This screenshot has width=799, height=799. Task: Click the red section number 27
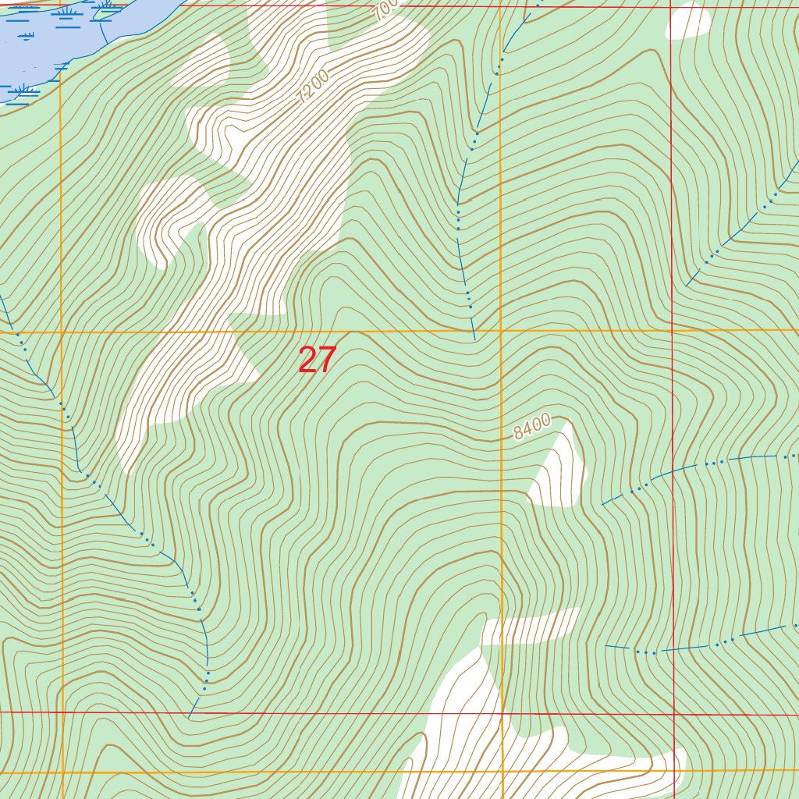click(317, 360)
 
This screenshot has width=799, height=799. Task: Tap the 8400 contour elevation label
click(532, 427)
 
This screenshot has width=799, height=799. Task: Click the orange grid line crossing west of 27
click(62, 332)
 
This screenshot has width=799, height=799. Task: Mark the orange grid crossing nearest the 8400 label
click(501, 332)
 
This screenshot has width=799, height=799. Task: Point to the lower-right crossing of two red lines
click(673, 713)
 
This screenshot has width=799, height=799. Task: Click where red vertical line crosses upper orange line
click(672, 331)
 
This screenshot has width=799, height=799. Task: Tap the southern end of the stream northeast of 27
click(474, 340)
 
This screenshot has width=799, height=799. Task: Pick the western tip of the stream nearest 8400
click(602, 505)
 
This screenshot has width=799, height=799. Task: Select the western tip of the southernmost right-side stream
click(606, 646)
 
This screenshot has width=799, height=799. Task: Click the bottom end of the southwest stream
click(189, 717)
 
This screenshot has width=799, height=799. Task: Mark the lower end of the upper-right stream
click(686, 286)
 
